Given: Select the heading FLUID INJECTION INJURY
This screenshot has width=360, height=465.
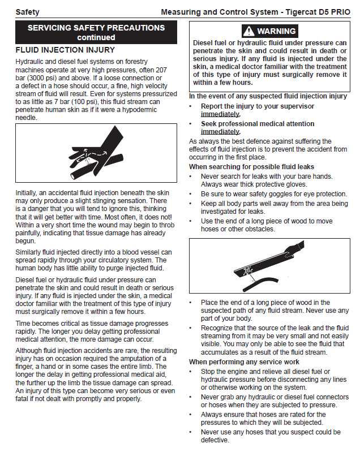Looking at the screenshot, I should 65,50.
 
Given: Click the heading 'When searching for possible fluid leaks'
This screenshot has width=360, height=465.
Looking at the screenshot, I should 251,167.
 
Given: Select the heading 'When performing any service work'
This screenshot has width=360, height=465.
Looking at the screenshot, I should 244,362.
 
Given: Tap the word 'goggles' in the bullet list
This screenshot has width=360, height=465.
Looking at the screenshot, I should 273,194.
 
